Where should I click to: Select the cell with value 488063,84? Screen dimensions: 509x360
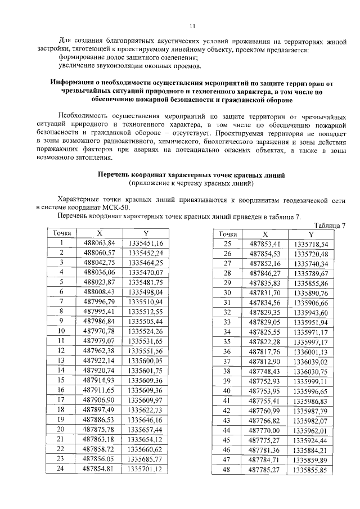(99, 243)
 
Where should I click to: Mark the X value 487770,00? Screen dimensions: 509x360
(264, 429)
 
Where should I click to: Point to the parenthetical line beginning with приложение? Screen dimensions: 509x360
(191, 184)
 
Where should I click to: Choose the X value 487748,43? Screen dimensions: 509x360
(264, 371)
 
